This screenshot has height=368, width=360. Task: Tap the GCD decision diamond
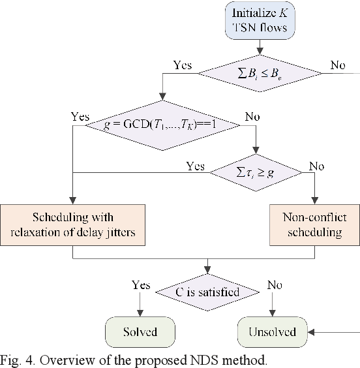click(166, 126)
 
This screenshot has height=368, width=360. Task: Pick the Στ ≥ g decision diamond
click(254, 172)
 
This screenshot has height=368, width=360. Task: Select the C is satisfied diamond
click(207, 291)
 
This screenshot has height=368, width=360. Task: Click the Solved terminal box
click(140, 332)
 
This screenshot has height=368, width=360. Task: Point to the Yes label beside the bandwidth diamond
click(183, 65)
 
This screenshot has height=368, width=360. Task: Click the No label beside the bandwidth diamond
click(338, 65)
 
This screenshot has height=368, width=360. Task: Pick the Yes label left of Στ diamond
click(195, 166)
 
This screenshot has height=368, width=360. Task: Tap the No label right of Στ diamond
click(316, 166)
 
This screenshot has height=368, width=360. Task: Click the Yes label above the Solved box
click(140, 285)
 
